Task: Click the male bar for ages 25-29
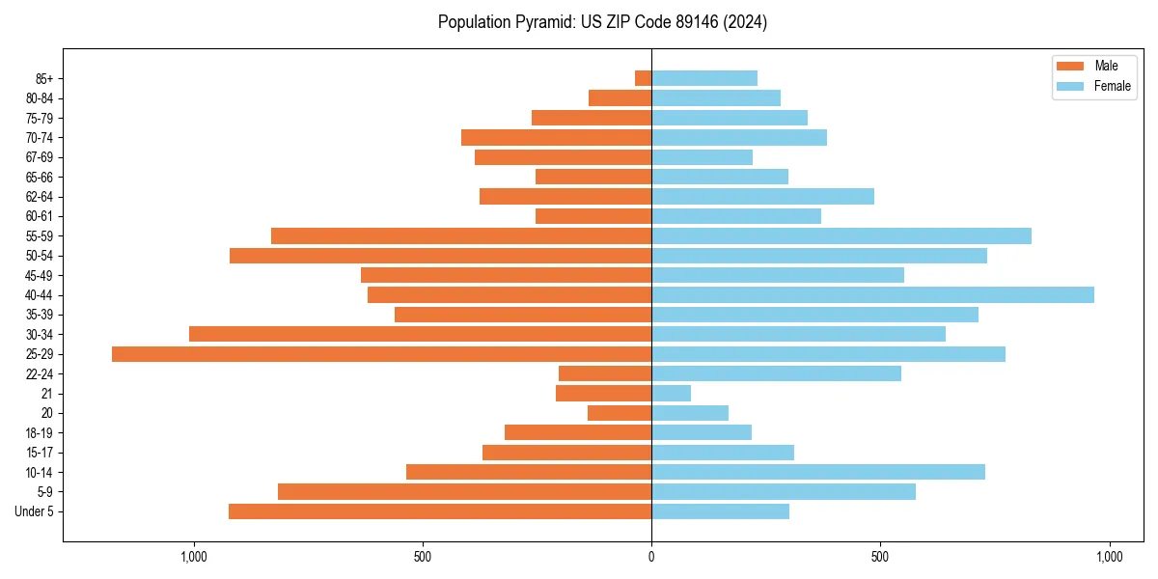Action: coord(381,354)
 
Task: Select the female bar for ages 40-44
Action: coord(872,295)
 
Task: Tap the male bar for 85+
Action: coord(643,78)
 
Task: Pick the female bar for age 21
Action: coord(671,394)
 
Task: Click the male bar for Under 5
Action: coord(440,511)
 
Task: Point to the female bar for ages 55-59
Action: coord(841,236)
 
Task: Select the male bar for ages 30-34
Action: coord(420,335)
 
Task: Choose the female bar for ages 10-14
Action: coord(818,472)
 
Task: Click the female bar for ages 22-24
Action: coord(776,373)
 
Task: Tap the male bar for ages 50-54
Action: coord(440,256)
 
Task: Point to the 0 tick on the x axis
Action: coord(651,557)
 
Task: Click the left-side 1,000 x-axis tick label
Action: coord(194,557)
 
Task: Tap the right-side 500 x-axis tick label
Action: coord(880,557)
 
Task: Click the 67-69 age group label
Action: coord(40,157)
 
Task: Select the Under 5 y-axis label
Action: coord(34,511)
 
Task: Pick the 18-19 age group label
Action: coord(40,433)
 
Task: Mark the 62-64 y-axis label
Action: coord(40,197)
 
